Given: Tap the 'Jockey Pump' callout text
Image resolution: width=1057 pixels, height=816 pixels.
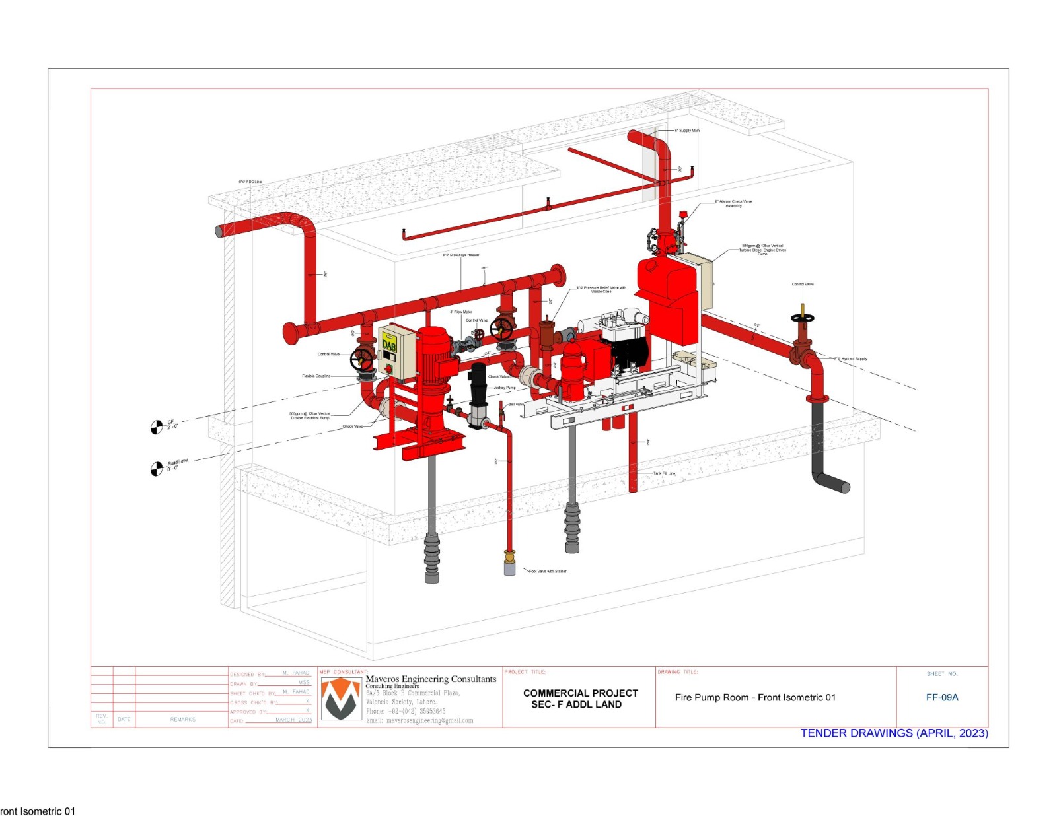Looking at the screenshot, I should pyautogui.click(x=505, y=388).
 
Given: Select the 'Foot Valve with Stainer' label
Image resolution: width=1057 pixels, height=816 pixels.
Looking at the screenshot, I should pyautogui.click(x=548, y=571).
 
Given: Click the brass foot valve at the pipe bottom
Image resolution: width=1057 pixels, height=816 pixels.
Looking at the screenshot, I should pyautogui.click(x=509, y=558).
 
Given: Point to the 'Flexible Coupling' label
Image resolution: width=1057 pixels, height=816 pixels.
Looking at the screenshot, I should pyautogui.click(x=316, y=376).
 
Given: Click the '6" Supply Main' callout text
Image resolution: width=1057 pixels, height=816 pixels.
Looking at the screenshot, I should pyautogui.click(x=687, y=131).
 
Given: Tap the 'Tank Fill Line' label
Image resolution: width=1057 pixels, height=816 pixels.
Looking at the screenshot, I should pyautogui.click(x=665, y=473).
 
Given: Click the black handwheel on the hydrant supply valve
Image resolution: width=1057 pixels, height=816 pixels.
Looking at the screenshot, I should pyautogui.click(x=803, y=318).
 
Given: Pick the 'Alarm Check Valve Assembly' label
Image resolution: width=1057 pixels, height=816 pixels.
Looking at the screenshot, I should pyautogui.click(x=733, y=203).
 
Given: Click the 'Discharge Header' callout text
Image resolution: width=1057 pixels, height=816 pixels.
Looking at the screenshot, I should pyautogui.click(x=461, y=255).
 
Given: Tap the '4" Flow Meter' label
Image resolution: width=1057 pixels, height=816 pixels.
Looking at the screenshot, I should pyautogui.click(x=461, y=312).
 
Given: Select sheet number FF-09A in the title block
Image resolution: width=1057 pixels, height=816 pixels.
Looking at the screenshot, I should pyautogui.click(x=942, y=697).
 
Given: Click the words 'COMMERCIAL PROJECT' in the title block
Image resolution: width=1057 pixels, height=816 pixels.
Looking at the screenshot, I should pyautogui.click(x=580, y=693).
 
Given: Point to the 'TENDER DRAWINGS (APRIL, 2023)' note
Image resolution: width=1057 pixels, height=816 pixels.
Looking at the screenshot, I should pyautogui.click(x=894, y=733).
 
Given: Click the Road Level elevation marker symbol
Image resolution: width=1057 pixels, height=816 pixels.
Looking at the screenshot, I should pyautogui.click(x=157, y=469).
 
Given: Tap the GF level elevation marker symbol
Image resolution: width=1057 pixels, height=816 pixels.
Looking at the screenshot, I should pyautogui.click(x=157, y=428).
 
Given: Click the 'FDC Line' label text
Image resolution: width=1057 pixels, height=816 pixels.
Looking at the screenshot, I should pyautogui.click(x=250, y=182).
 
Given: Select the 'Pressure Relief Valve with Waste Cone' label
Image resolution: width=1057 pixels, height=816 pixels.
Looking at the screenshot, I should pyautogui.click(x=601, y=289).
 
